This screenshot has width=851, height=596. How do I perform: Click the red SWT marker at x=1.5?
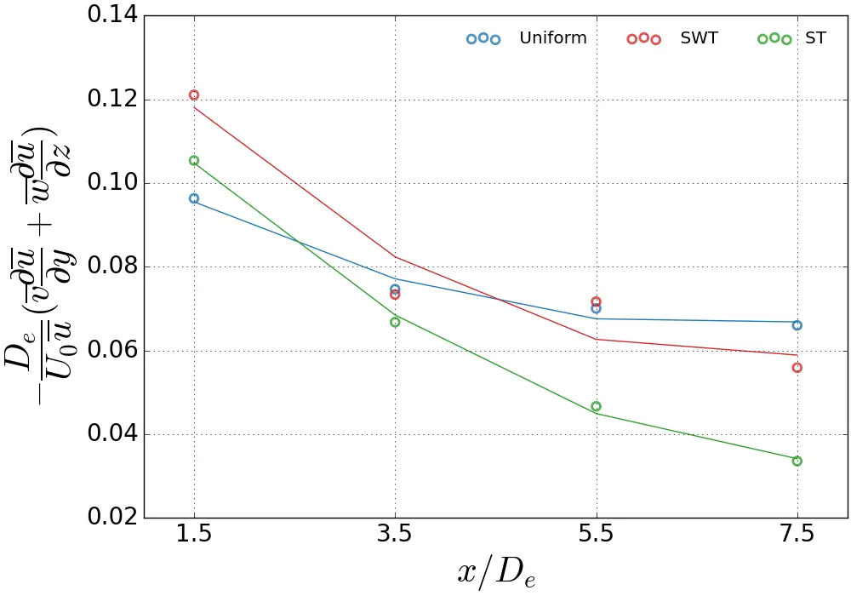pos(194,95)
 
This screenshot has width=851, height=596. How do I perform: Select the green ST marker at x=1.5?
pos(194,161)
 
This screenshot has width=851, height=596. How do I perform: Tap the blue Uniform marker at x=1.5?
pos(194,198)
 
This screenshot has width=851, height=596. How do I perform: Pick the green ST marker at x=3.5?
pos(395,322)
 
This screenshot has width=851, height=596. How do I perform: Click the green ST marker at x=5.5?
pos(596,406)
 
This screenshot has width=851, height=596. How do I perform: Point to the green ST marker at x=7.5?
pos(797,461)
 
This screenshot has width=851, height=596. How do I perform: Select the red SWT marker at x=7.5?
pos(797,368)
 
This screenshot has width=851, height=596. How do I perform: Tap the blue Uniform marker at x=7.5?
pos(797,325)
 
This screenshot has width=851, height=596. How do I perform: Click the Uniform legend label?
pos(552,38)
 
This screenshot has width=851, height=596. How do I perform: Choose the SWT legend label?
pos(699,38)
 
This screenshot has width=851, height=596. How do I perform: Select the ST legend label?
pos(815,38)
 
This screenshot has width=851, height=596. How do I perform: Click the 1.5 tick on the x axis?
pos(194,535)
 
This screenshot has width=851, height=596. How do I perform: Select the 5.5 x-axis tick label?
pos(596,535)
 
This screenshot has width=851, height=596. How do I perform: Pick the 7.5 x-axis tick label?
pos(797,535)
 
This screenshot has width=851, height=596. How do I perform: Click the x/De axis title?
pos(496,572)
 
